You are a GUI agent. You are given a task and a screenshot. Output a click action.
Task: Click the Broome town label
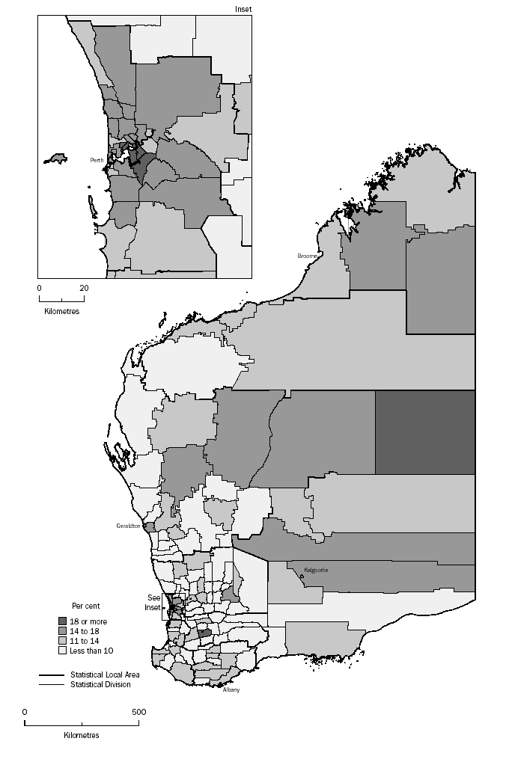pyautogui.click(x=308, y=256)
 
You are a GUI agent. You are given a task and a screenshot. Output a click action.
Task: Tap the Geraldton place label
pyautogui.click(x=129, y=526)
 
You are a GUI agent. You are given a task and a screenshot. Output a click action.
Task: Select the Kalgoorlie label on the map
pyautogui.click(x=316, y=571)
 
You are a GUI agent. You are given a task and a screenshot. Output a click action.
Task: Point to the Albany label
pyautogui.click(x=231, y=689)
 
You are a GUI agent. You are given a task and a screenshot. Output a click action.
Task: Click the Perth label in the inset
pyautogui.click(x=97, y=160)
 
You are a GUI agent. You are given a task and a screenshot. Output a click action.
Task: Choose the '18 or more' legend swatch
pyautogui.click(x=63, y=621)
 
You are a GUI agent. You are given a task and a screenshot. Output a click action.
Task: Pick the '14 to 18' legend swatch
pyautogui.click(x=63, y=631)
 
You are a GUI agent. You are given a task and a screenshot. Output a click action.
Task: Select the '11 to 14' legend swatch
pyautogui.click(x=63, y=641)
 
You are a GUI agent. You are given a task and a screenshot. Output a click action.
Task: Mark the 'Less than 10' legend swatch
pyautogui.click(x=63, y=651)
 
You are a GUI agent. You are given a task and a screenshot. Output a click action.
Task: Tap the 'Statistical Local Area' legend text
pyautogui.click(x=105, y=675)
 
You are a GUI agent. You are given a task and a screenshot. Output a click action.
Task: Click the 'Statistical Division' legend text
pyautogui.click(x=100, y=684)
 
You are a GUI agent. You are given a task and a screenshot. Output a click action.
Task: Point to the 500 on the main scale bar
pyautogui.click(x=139, y=712)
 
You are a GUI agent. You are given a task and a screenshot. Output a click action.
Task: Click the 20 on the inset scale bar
pyautogui.click(x=85, y=287)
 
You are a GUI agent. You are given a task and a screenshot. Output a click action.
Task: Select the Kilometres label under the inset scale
pyautogui.click(x=61, y=310)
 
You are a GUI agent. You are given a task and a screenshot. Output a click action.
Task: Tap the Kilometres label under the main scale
pyautogui.click(x=82, y=735)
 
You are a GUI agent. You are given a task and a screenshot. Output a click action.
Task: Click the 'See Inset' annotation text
pyautogui.click(x=153, y=603)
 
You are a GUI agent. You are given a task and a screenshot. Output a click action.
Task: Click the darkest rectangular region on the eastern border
pyautogui.click(x=424, y=432)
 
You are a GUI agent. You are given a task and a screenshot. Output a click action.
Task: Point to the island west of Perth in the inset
pyautogui.click(x=55, y=159)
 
